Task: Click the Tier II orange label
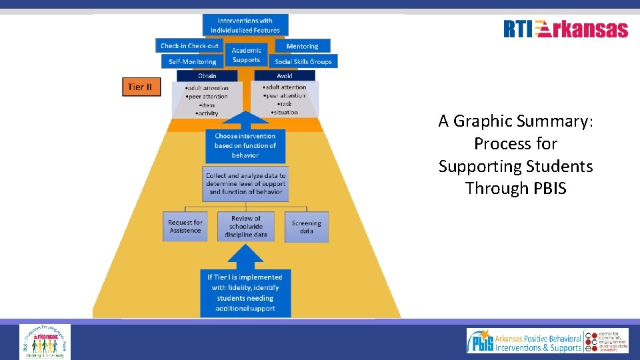point(141,87)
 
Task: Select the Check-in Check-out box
point(189,46)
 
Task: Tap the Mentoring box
point(302,46)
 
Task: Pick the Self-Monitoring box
point(192,62)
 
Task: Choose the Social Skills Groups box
point(303,61)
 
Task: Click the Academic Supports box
point(246,55)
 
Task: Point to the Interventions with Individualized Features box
point(245,25)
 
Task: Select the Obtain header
point(207,76)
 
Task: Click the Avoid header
point(285,76)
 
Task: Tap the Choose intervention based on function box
point(245,145)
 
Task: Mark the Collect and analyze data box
point(245,183)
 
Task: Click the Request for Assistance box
point(185,227)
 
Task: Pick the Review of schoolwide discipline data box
point(246,227)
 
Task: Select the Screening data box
point(306,227)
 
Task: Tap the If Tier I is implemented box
point(245,292)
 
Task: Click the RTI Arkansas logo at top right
point(565,29)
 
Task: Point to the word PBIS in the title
point(550,189)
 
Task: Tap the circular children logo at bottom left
point(45,341)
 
